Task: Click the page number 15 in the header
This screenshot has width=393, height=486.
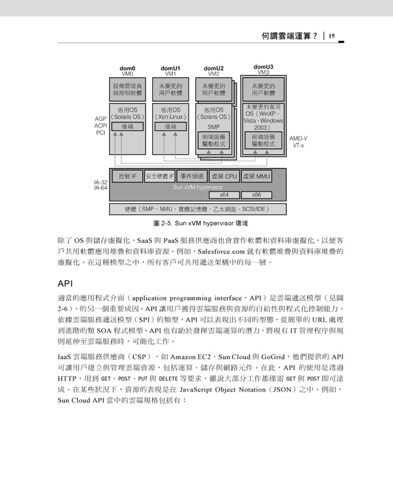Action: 331,36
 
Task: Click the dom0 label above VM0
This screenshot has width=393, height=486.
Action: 127,68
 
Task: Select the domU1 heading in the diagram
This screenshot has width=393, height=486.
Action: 171,68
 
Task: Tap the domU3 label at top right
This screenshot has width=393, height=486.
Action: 263,66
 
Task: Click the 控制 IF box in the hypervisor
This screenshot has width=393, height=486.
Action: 127,177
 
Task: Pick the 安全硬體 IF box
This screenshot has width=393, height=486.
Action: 159,177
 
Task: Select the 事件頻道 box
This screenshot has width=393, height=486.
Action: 192,177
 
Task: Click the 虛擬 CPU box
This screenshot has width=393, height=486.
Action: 225,177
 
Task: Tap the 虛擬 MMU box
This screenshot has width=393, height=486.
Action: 257,177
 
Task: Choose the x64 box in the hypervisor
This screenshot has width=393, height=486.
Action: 225,195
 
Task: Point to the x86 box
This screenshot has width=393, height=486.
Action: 257,195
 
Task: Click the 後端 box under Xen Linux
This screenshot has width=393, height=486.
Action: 171,126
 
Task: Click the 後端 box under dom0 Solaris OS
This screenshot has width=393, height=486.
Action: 127,126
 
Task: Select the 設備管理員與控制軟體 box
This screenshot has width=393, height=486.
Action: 127,89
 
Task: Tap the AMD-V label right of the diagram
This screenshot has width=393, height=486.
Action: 299,139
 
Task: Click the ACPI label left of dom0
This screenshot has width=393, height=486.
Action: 101,126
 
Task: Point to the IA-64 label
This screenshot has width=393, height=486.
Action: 101,188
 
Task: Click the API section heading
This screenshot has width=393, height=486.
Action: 65,284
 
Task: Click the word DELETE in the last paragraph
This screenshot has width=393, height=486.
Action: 168,379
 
